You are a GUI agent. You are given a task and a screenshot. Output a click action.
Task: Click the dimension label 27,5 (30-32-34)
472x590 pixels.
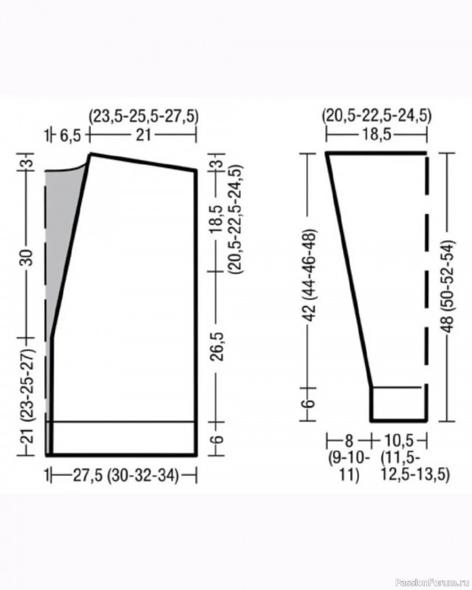click(125, 476)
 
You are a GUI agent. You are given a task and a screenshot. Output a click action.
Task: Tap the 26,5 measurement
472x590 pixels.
click(218, 347)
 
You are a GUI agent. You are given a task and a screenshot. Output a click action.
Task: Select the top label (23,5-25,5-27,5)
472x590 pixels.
click(143, 117)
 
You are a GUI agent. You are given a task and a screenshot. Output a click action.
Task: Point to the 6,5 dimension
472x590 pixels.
click(70, 136)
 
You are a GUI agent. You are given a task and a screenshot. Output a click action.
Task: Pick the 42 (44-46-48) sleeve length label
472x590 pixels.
click(311, 275)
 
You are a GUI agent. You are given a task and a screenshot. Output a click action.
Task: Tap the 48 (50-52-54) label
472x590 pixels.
click(448, 286)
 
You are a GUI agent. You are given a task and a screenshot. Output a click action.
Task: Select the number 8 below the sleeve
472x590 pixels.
click(349, 440)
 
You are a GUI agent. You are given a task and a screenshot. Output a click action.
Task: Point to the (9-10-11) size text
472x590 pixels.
click(350, 467)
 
